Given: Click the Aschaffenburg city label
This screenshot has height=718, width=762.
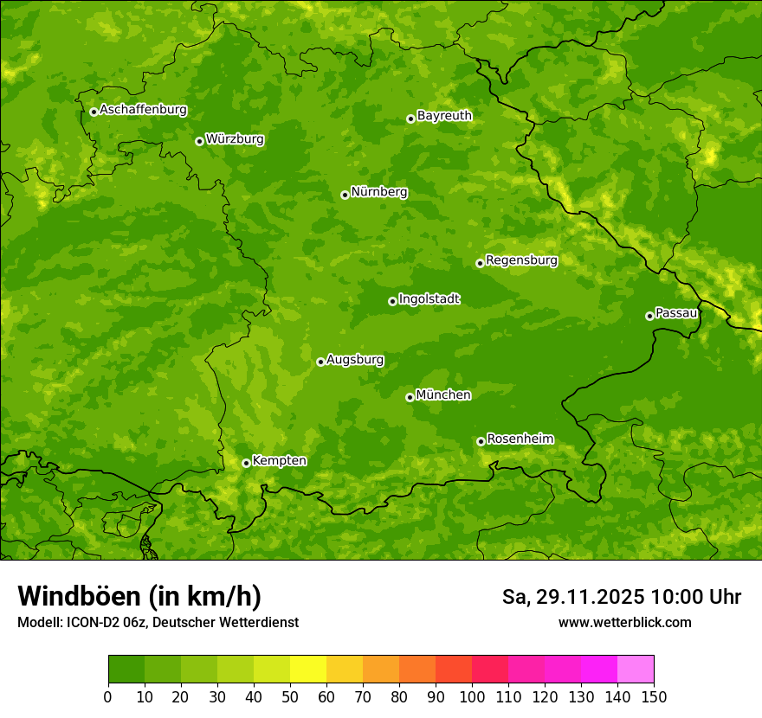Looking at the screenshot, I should (143, 110).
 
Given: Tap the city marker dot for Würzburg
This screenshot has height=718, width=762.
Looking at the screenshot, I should (199, 141).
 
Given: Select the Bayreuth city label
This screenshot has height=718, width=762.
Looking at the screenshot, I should (444, 116).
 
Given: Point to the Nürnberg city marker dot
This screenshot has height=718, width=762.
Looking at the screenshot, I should (345, 195).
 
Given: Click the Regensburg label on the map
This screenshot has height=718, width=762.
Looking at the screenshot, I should (521, 260).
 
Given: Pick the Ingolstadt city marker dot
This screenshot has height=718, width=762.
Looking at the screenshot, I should (392, 301).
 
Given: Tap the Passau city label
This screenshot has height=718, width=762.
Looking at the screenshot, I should (676, 313).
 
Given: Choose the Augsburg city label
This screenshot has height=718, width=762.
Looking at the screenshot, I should (355, 360).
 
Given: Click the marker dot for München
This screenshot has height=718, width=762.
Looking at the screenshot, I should (410, 397).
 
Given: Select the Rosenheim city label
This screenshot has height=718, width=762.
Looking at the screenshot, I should (520, 439).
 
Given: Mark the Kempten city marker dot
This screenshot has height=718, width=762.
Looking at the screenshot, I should (246, 463).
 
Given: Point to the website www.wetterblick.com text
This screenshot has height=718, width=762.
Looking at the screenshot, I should (624, 622).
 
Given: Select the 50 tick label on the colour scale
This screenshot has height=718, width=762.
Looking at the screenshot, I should (290, 696).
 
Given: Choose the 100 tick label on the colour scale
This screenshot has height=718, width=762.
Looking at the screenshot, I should (472, 696).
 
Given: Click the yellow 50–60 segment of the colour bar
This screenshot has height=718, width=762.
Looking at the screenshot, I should (308, 669).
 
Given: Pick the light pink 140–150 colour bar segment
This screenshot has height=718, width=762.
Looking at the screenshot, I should (636, 669).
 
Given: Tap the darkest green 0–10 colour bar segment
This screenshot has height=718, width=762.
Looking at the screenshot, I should (126, 669).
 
